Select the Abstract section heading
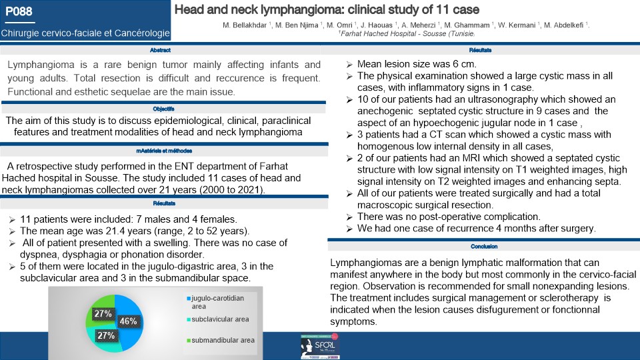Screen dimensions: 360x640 [161, 51]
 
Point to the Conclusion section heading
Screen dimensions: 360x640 [484, 247]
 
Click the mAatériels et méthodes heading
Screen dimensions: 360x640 [160, 152]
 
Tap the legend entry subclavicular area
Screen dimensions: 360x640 [220, 319]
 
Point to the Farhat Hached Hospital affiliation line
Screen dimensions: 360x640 [406, 33]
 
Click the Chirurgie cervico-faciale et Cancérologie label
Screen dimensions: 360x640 [85, 32]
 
